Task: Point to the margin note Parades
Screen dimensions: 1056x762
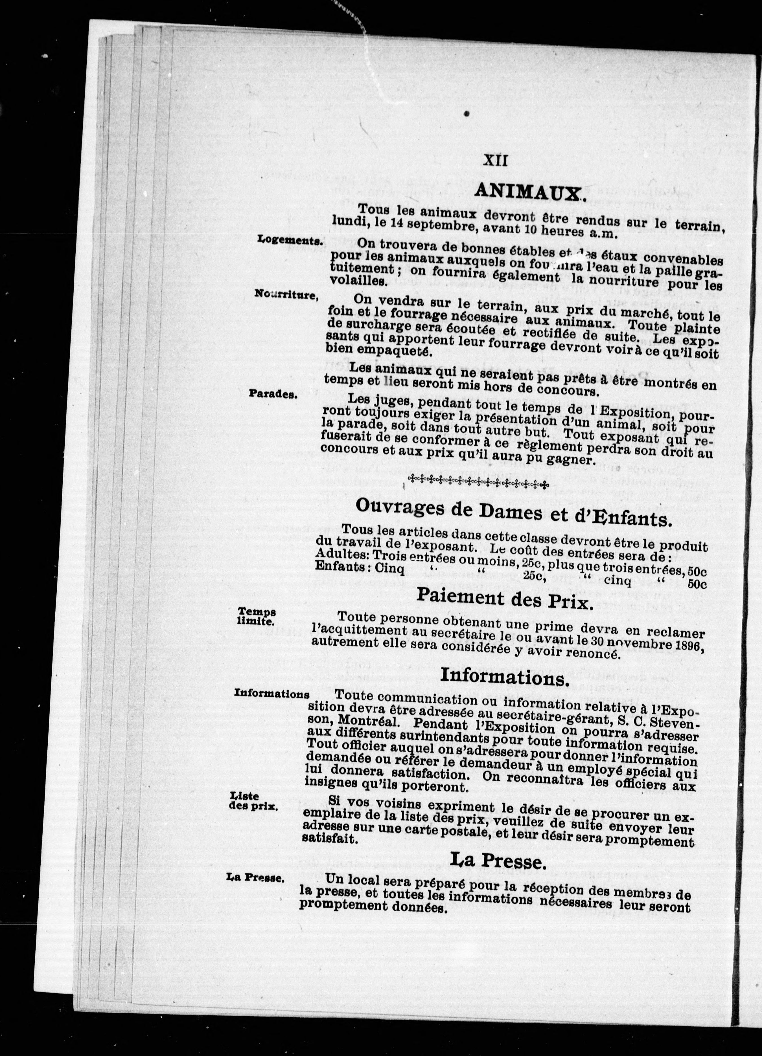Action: click(x=273, y=393)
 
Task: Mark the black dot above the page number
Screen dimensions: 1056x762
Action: click(x=466, y=113)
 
